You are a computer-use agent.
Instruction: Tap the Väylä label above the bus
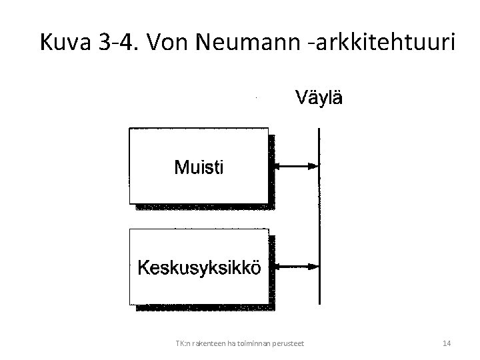pyautogui.click(x=319, y=99)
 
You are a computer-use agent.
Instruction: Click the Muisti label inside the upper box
pyautogui.click(x=199, y=167)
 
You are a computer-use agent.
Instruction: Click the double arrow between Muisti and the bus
pyautogui.click(x=297, y=166)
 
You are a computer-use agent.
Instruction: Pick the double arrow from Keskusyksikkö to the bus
pyautogui.click(x=297, y=266)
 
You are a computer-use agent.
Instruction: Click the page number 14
pyautogui.click(x=447, y=343)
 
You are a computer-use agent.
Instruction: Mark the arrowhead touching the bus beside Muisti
pyautogui.click(x=313, y=166)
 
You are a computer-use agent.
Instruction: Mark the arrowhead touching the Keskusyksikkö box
pyautogui.click(x=278, y=266)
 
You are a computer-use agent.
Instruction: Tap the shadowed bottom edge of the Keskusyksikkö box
pyautogui.click(x=203, y=307)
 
